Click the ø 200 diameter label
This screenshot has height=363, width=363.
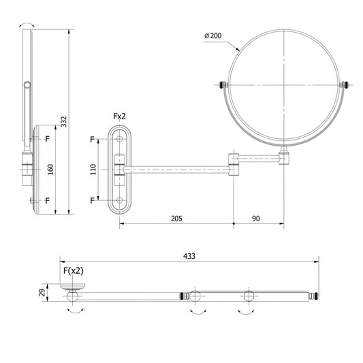(213, 36)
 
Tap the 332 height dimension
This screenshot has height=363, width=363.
(63, 121)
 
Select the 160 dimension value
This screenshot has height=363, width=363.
(50, 169)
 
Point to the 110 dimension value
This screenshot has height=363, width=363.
(93, 169)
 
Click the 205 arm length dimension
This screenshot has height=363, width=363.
(176, 219)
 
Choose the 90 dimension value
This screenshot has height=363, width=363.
(256, 219)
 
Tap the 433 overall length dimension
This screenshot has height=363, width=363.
(189, 256)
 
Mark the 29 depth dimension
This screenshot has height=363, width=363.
(42, 292)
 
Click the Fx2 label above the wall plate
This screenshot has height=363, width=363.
(119, 116)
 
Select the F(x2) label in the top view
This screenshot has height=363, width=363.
(74, 270)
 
